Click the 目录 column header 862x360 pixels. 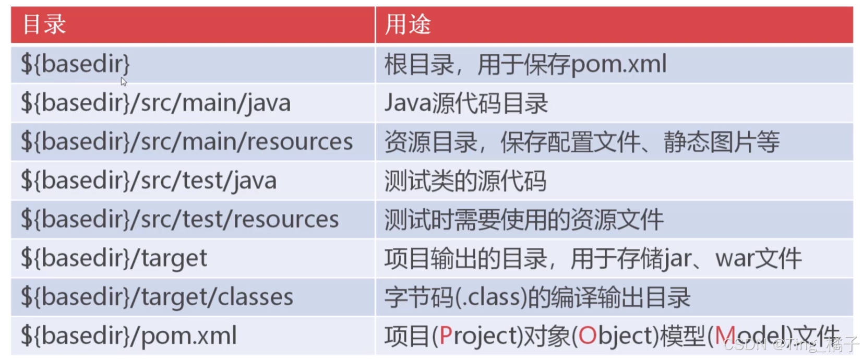(44, 24)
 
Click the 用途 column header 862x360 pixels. (408, 24)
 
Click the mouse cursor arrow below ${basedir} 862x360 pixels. (124, 81)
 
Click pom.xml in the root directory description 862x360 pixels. (619, 65)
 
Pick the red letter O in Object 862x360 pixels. (587, 336)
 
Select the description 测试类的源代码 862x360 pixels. (465, 181)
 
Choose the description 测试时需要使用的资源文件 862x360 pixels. (524, 219)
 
